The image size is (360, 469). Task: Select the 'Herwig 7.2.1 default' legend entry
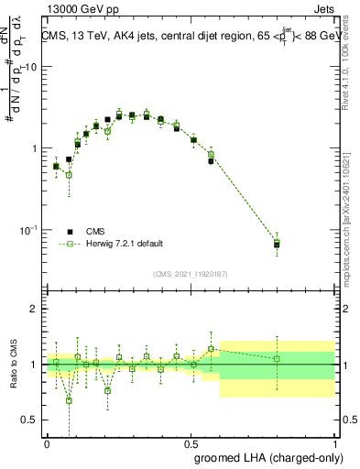click(124, 244)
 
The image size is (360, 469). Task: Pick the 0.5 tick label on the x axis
click(191, 441)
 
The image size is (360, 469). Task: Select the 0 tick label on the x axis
click(47, 441)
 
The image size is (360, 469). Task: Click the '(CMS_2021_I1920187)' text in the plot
click(190, 274)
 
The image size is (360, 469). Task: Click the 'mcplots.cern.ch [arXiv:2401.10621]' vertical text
click(341, 211)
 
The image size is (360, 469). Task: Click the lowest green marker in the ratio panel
click(69, 400)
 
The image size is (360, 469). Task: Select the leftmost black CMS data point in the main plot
click(56, 166)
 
